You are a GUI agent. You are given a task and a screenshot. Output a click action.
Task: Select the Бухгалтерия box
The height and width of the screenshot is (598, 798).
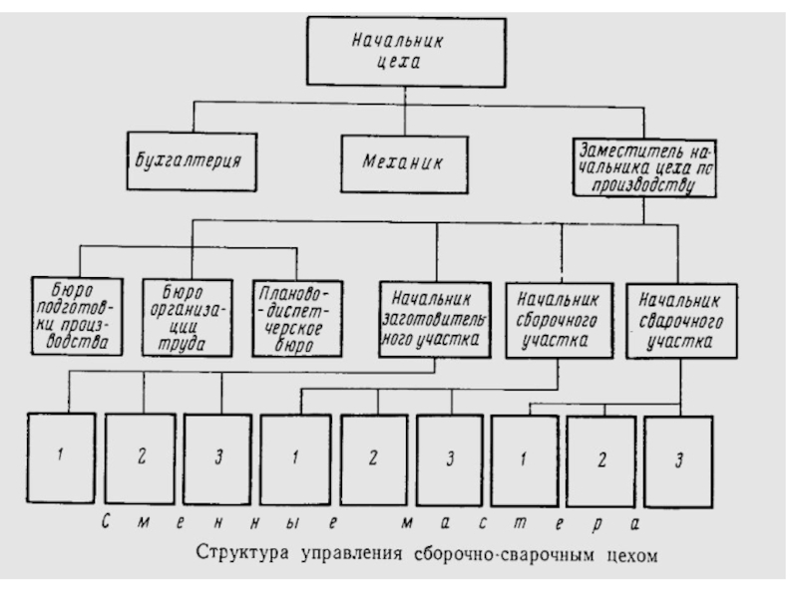click(x=190, y=159)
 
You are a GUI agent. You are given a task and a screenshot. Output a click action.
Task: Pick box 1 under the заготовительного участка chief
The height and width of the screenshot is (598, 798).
click(x=60, y=456)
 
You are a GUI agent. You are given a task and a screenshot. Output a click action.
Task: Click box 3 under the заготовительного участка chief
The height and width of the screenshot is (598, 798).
click(x=217, y=456)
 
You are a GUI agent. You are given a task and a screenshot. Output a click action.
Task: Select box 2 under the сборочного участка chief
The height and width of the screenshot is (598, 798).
click(x=373, y=456)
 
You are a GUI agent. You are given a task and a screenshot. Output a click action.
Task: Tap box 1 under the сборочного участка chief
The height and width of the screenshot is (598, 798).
click(x=296, y=456)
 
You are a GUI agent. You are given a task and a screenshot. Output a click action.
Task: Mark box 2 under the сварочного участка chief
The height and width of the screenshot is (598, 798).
click(x=600, y=456)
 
